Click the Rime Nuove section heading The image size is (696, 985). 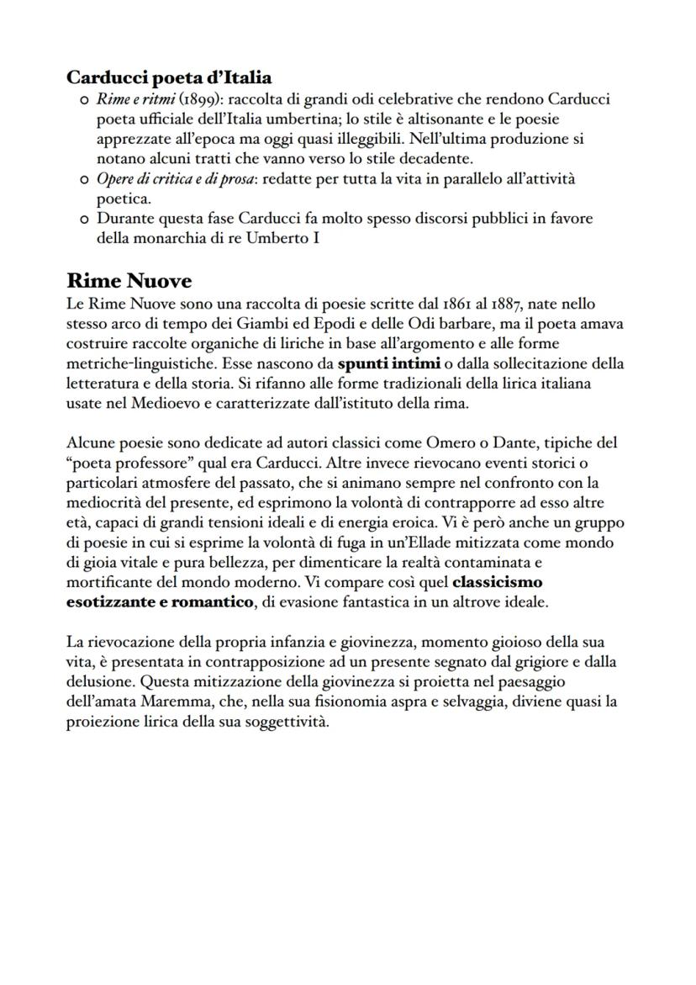coord(129,280)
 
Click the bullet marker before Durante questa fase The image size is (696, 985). coord(83,219)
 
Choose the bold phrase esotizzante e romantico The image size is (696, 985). coord(160,601)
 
